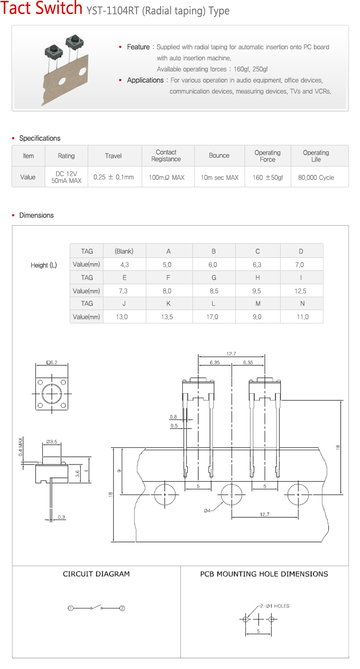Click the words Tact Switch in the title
(42, 9)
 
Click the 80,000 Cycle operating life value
(316, 177)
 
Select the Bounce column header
(219, 155)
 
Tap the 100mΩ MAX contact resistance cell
(166, 177)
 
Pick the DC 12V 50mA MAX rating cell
(66, 177)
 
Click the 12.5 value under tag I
(301, 291)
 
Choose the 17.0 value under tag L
(212, 317)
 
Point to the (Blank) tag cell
(124, 251)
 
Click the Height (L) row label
(44, 265)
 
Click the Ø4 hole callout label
(207, 510)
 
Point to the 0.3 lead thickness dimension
(61, 517)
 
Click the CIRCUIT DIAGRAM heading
(96, 574)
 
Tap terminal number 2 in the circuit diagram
(122, 608)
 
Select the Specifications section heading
(40, 138)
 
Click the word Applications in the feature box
(145, 80)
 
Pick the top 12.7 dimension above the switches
(231, 354)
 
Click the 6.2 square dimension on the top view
(52, 362)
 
